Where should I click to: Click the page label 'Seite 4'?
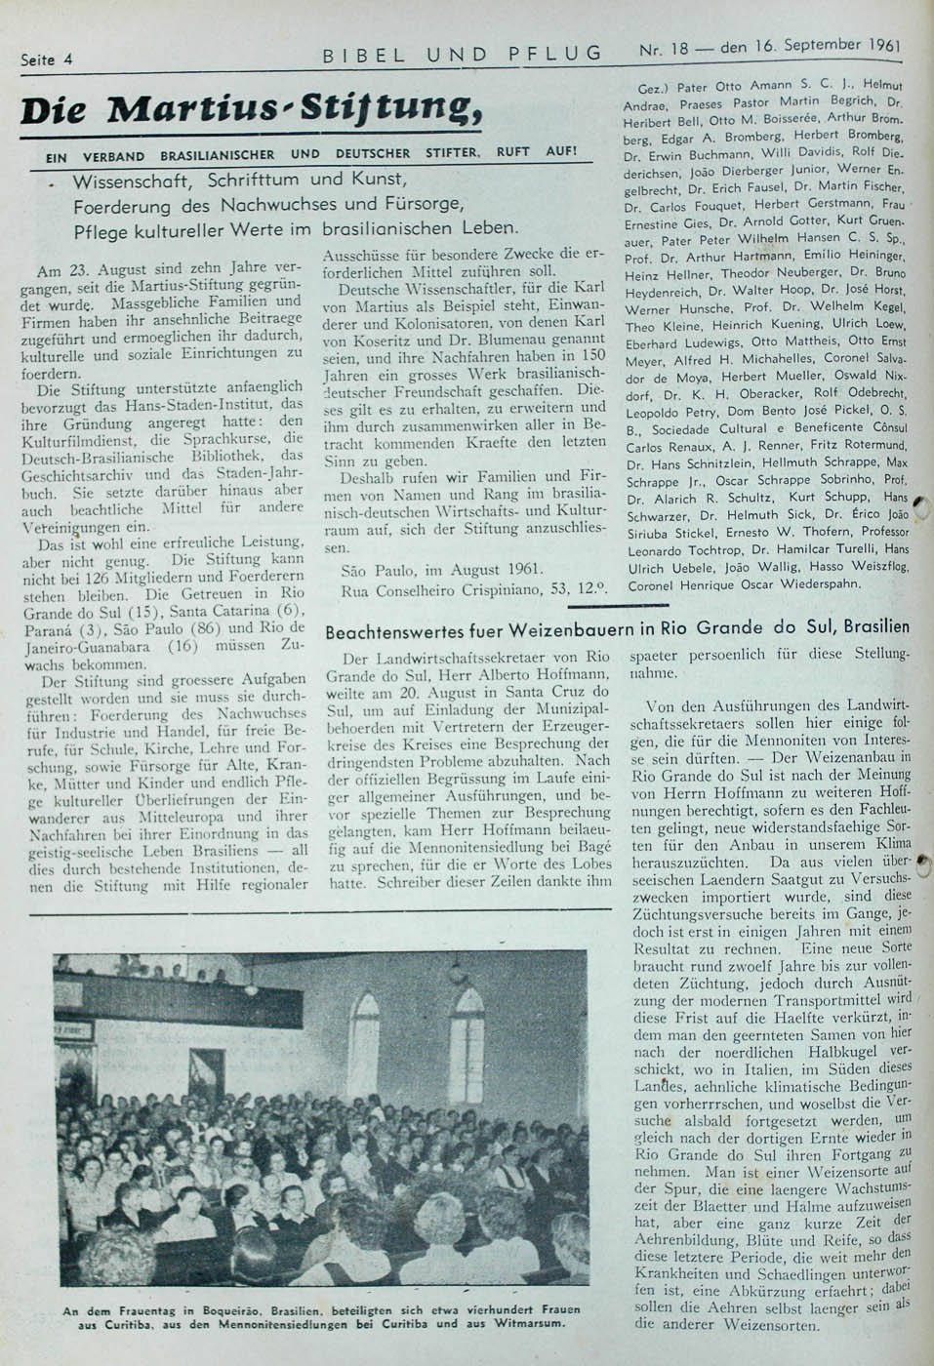47,59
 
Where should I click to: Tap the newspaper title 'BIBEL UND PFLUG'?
463,54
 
